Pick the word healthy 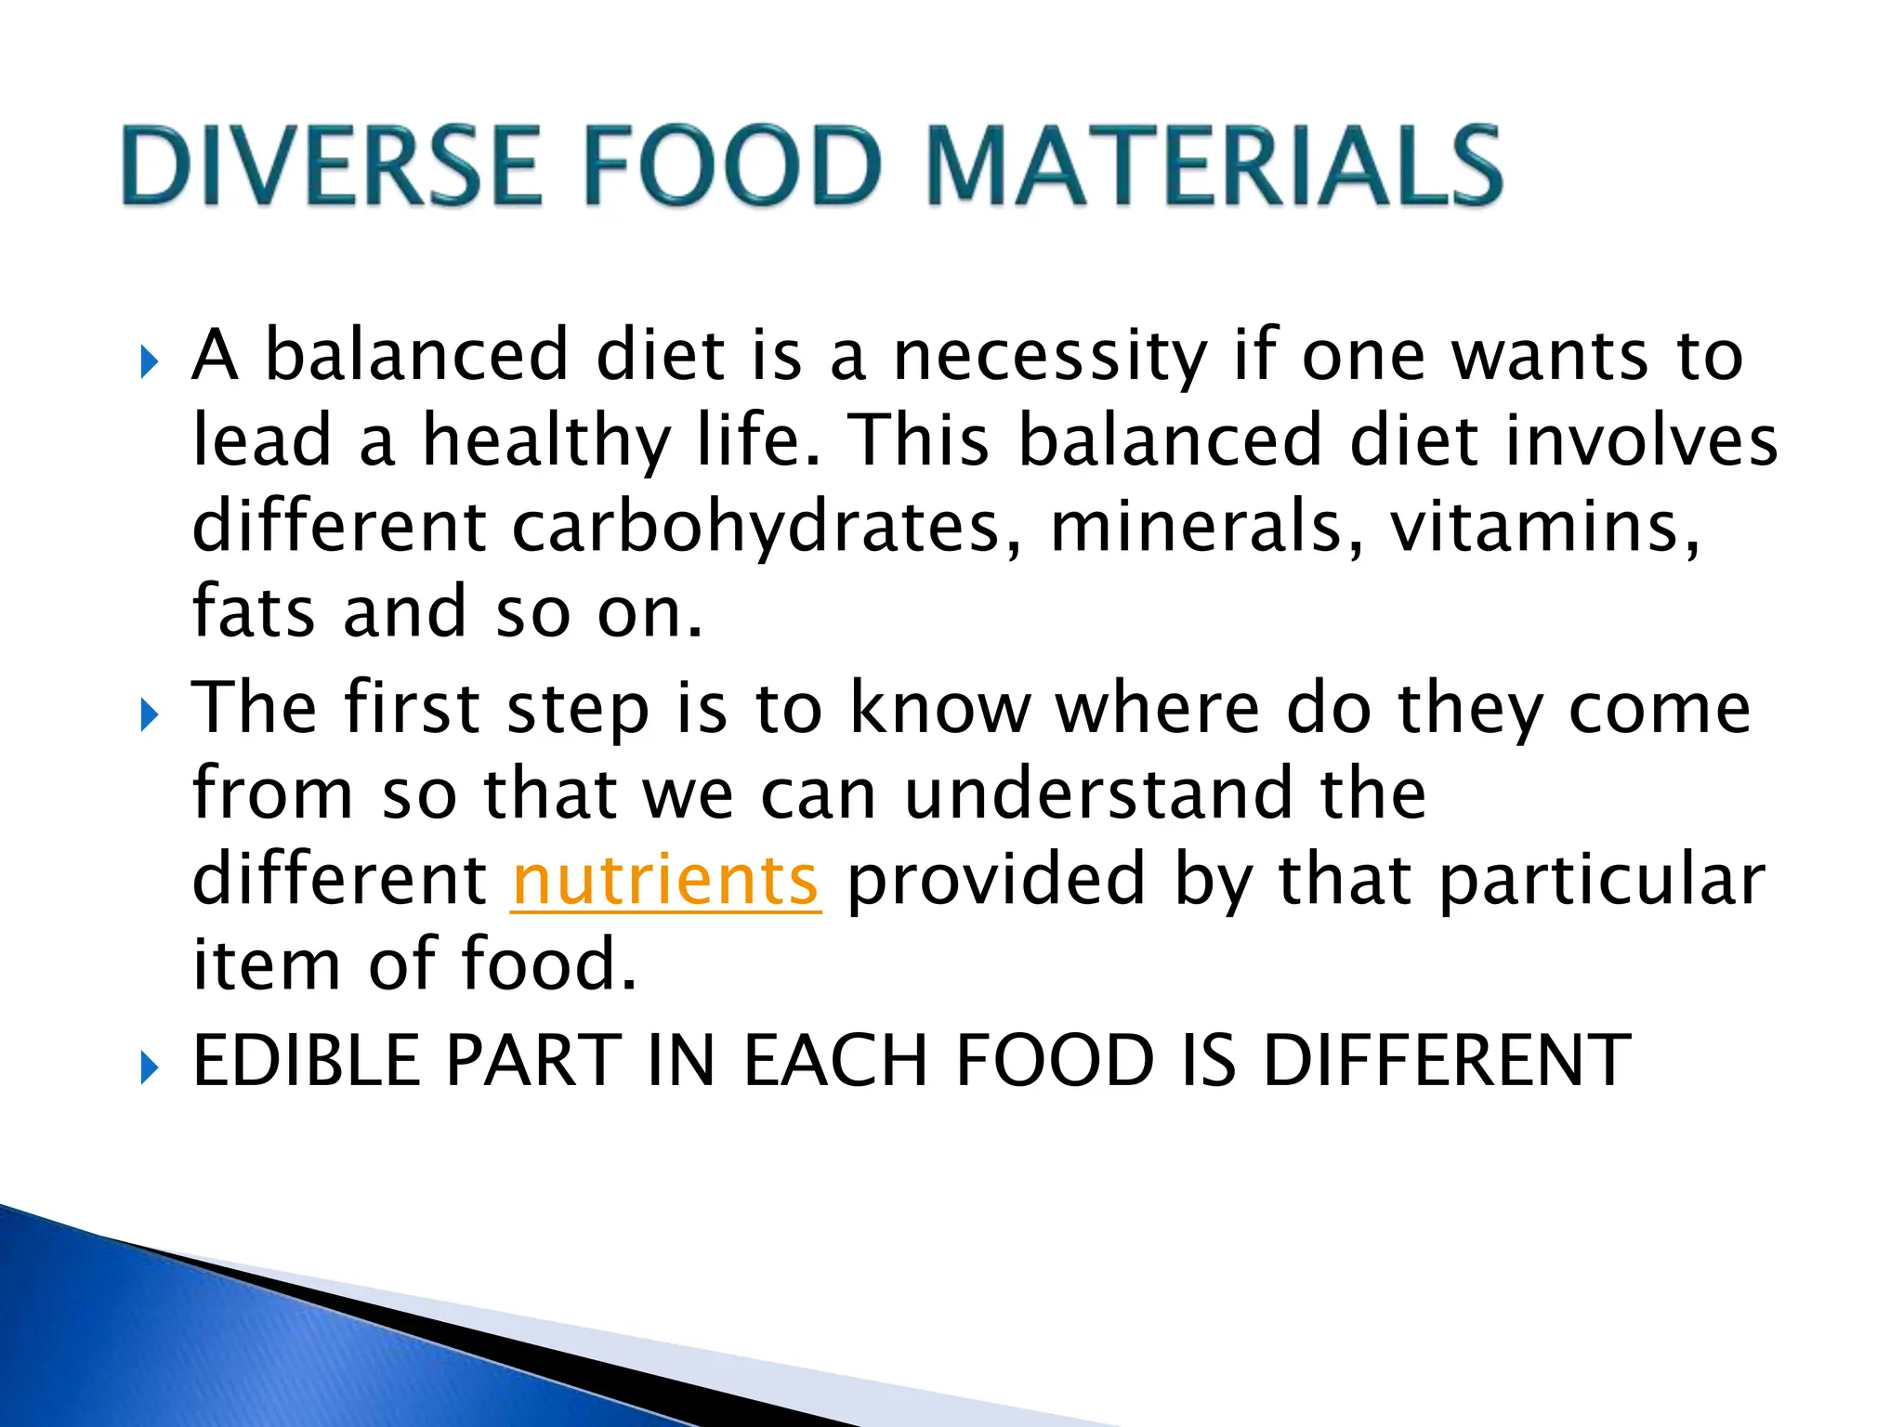(546, 442)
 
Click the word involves (1641, 440)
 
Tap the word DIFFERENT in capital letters (1446, 1060)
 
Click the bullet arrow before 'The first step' (149, 715)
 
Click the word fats (253, 612)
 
